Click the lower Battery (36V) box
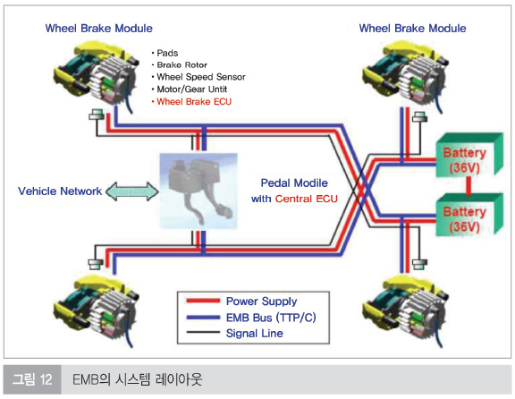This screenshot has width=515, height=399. click(469, 215)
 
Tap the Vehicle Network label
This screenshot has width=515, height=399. click(60, 191)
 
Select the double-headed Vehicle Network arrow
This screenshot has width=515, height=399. click(132, 191)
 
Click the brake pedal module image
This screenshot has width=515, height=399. click(198, 191)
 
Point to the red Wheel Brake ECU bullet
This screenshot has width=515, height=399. click(191, 102)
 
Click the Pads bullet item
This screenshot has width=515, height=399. click(165, 53)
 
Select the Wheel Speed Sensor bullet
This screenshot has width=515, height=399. click(198, 77)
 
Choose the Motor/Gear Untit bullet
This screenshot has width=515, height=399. click(190, 89)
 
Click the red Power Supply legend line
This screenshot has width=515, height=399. click(203, 301)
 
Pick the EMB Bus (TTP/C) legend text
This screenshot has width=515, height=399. click(271, 318)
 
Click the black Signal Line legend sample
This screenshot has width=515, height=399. click(203, 332)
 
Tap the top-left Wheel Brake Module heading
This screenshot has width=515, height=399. click(99, 29)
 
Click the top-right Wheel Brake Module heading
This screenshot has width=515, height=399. click(412, 29)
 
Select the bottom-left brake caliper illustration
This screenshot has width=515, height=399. click(96, 310)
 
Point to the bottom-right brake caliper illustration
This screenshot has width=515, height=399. click(405, 310)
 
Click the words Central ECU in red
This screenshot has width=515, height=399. click(307, 199)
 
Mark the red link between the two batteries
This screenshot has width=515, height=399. click(469, 186)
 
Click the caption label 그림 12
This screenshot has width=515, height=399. click(32, 379)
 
